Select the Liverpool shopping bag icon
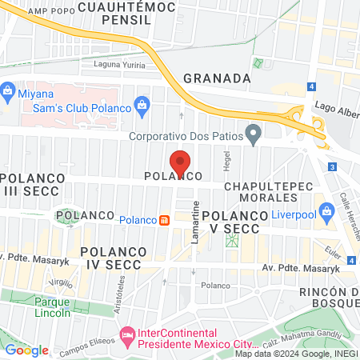[x=326, y=210]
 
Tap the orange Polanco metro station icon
[x=163, y=220]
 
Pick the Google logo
[x=26, y=350]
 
